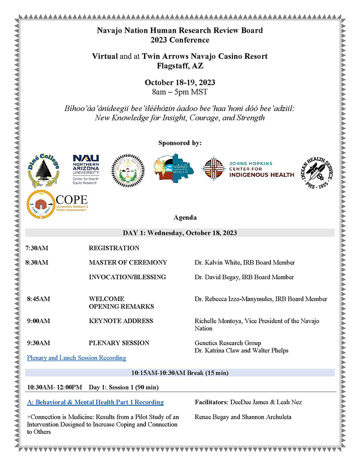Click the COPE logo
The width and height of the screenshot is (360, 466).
point(57,204)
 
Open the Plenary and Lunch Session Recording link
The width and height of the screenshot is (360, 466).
point(76,358)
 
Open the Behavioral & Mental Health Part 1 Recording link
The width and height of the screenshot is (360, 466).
point(95,402)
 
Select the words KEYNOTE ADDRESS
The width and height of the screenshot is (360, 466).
point(121,321)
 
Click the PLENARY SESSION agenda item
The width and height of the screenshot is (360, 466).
point(119,343)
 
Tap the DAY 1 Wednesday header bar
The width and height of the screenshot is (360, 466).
point(180,233)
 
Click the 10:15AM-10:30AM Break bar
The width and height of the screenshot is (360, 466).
point(180,373)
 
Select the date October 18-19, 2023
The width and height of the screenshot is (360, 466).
point(180,83)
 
